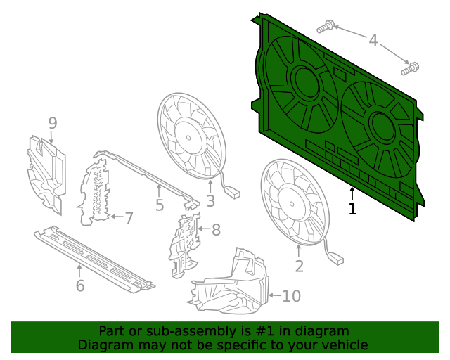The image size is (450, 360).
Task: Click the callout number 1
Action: pos(352,208)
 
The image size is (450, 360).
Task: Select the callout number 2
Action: pos(299,266)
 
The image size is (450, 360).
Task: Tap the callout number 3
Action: pos(210,201)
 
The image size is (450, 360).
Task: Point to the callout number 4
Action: pos(373,41)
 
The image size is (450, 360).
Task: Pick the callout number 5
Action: pos(160,205)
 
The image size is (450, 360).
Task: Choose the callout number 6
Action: pos(79,285)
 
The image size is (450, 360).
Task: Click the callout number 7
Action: pos(129,218)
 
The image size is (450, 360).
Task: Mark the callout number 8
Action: pos(216,229)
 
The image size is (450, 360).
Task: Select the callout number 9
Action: pos(52,124)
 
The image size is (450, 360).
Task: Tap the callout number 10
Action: pos(291,296)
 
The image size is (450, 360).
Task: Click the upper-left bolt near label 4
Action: pos(325,27)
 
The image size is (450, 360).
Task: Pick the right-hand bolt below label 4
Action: pos(410,69)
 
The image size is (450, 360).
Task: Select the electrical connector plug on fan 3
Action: pos(232,191)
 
